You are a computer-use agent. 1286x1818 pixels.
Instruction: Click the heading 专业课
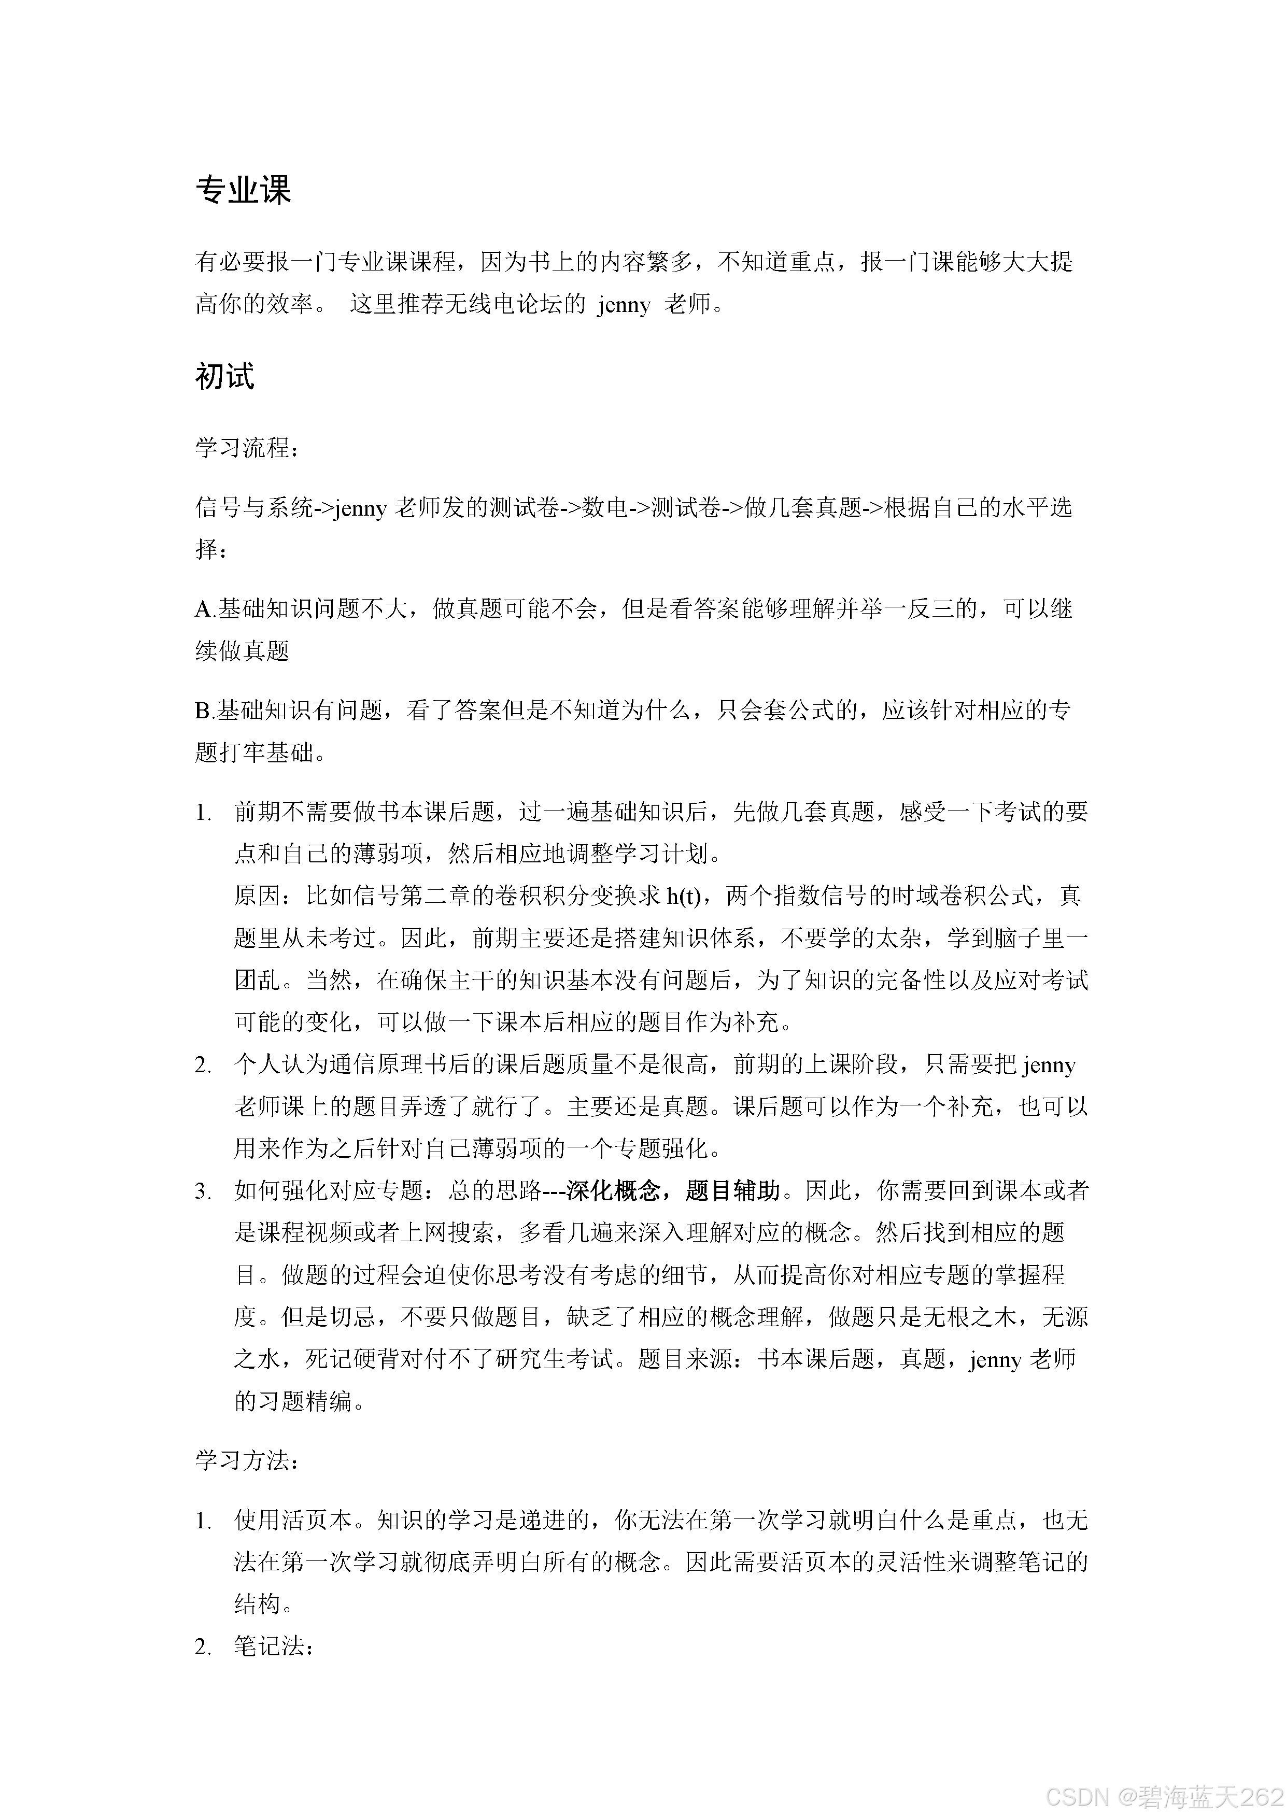(243, 190)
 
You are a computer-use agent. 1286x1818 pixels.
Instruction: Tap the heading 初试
(225, 376)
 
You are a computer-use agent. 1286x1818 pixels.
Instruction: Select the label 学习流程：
(247, 448)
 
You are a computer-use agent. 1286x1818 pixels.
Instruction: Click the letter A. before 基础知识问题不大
(205, 609)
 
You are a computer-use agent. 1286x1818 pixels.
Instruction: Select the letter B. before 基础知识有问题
(205, 711)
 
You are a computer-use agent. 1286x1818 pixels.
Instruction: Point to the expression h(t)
(683, 896)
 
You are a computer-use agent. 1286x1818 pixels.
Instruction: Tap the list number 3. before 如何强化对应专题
(204, 1191)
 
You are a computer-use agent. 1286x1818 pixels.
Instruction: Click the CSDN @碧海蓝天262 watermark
(1164, 1797)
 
